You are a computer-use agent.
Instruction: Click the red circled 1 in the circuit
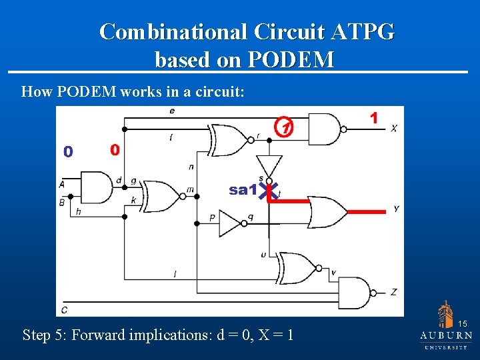tap(285, 127)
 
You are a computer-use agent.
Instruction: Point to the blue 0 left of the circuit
tap(67, 152)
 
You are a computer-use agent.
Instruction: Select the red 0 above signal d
tap(115, 150)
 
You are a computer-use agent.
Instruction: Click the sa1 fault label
tap(243, 190)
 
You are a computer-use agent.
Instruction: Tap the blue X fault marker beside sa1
tap(271, 191)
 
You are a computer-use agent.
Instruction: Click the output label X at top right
tap(393, 128)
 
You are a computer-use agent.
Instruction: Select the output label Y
tap(396, 209)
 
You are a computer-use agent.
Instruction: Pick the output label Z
tap(394, 291)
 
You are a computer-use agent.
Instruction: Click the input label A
tap(61, 184)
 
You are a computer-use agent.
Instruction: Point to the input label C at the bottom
tap(64, 309)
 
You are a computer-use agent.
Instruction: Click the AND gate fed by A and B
tap(95, 187)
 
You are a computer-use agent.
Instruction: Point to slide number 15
tap(463, 323)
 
